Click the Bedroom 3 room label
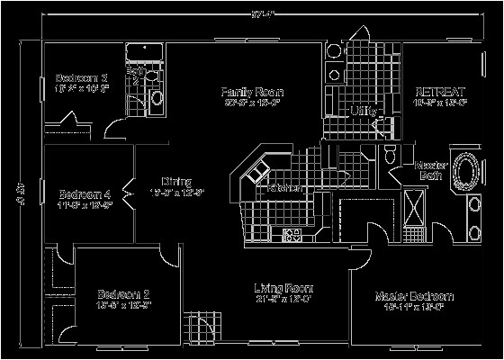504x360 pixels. click(x=82, y=77)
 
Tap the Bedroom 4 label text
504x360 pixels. click(x=85, y=193)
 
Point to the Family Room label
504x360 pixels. click(x=253, y=92)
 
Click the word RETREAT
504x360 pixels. click(x=439, y=92)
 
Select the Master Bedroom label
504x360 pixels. click(x=415, y=296)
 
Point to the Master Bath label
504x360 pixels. click(x=431, y=171)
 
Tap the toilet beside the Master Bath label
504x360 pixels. click(x=390, y=155)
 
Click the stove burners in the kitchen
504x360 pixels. click(x=292, y=236)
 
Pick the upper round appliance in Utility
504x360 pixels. click(x=334, y=51)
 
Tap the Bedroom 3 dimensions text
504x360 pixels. click(x=82, y=88)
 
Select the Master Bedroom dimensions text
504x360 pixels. click(x=415, y=307)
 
